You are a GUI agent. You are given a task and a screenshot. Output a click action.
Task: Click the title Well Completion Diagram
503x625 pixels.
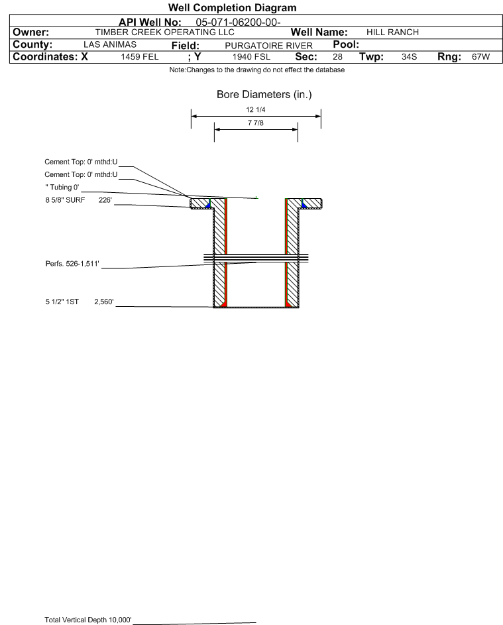pyautogui.click(x=233, y=7)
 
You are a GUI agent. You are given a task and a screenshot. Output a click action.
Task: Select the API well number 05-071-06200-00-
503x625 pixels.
pyautogui.click(x=239, y=23)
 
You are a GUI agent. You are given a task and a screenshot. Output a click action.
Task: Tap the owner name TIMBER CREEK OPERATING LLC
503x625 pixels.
pyautogui.click(x=164, y=32)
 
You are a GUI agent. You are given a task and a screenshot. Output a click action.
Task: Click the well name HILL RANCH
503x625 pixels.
pyautogui.click(x=392, y=32)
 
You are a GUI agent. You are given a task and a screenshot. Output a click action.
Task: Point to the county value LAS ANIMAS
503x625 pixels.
pyautogui.click(x=110, y=44)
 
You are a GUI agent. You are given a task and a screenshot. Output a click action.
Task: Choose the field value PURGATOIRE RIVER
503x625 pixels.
pyautogui.click(x=268, y=46)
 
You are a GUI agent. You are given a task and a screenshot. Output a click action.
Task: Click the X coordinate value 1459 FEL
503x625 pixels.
pyautogui.click(x=140, y=56)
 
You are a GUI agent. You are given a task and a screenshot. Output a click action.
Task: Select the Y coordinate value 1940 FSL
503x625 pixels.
pyautogui.click(x=252, y=56)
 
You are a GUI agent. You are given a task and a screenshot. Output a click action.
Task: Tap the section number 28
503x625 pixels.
pyautogui.click(x=337, y=56)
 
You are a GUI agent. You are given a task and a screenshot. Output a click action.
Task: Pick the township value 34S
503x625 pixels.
pyautogui.click(x=410, y=56)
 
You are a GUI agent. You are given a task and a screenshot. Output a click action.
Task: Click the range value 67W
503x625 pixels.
pyautogui.click(x=480, y=56)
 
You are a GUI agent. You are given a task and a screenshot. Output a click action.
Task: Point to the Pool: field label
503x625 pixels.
pyautogui.click(x=346, y=44)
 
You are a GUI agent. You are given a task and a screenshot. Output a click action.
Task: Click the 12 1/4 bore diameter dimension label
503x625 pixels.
pyautogui.click(x=256, y=109)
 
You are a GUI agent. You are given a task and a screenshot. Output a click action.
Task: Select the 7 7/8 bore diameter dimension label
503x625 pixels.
pyautogui.click(x=256, y=123)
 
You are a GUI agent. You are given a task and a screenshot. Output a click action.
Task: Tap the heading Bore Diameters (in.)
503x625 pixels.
pyautogui.click(x=264, y=95)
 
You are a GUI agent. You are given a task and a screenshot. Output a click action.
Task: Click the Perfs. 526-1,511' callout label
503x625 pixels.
pyautogui.click(x=72, y=264)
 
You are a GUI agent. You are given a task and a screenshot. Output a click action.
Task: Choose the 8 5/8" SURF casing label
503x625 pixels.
pyautogui.click(x=65, y=200)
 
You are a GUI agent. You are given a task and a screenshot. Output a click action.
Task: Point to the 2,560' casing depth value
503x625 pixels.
pyautogui.click(x=104, y=302)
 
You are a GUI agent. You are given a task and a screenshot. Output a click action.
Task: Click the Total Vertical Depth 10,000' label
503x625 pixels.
pyautogui.click(x=88, y=620)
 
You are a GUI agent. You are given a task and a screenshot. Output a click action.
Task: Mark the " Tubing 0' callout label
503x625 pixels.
pyautogui.click(x=62, y=188)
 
